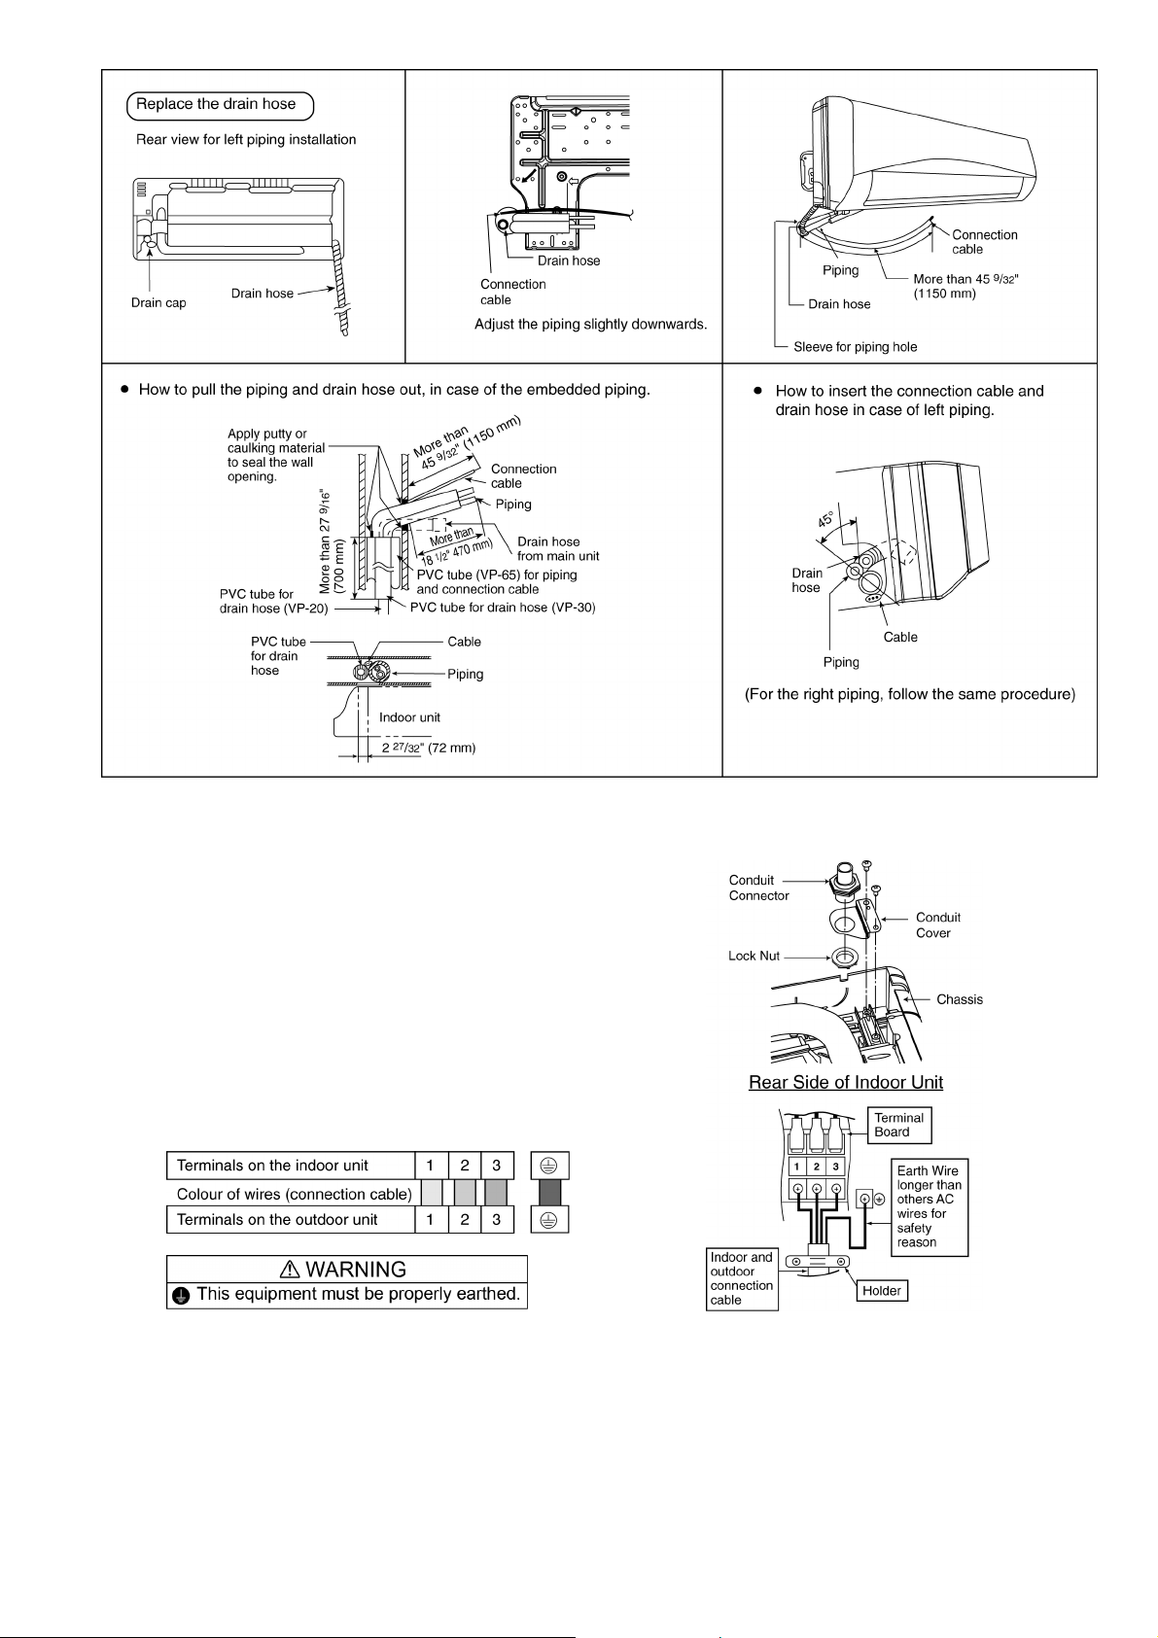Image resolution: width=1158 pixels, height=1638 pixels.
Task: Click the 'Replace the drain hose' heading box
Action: tap(217, 105)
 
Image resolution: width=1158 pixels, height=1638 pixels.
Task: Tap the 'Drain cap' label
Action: tap(158, 303)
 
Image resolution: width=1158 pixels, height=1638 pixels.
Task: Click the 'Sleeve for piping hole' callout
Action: tap(855, 347)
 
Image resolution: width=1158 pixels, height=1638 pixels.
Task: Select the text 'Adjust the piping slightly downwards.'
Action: tap(590, 324)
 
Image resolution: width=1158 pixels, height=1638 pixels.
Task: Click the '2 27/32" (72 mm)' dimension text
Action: tap(428, 749)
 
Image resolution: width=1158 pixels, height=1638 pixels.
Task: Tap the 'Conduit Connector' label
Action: tap(758, 888)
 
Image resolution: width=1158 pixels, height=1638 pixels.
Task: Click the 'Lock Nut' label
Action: tap(754, 957)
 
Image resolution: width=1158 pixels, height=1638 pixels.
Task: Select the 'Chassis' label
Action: tap(959, 999)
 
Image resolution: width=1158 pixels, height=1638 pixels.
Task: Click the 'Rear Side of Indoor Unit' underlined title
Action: tap(845, 1083)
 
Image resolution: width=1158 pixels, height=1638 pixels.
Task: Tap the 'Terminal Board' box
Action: tap(898, 1125)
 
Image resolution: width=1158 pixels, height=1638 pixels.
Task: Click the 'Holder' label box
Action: tap(881, 1291)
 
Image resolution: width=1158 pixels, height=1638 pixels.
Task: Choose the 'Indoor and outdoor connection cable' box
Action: tap(741, 1278)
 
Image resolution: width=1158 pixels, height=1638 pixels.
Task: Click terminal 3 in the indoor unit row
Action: tap(496, 1167)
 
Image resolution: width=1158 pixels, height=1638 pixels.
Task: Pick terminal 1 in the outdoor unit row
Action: tap(430, 1220)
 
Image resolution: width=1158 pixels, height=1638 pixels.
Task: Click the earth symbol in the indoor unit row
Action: tap(549, 1167)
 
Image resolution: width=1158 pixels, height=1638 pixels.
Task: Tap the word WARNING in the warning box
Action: tap(356, 1270)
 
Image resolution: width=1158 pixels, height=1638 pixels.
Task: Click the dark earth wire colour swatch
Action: tap(549, 1194)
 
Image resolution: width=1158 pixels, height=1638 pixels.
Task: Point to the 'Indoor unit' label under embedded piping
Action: tap(409, 717)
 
